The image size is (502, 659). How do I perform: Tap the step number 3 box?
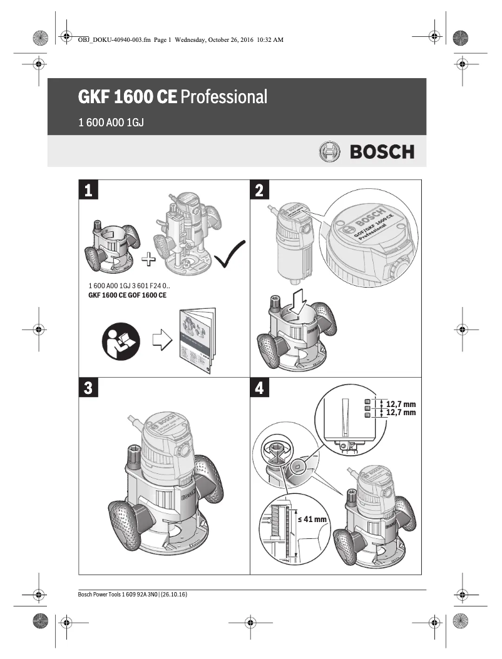point(88,388)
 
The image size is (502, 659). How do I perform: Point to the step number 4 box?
point(260,388)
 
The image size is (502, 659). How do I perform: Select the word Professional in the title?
point(224,97)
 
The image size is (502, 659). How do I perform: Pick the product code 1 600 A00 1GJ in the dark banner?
point(111,123)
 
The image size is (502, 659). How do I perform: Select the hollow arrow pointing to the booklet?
point(161,341)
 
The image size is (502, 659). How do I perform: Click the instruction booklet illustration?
point(197,341)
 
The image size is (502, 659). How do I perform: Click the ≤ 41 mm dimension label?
point(312,519)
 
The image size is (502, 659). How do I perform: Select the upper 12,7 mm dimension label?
point(401,405)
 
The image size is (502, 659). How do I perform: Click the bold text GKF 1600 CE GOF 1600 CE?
point(127,294)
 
